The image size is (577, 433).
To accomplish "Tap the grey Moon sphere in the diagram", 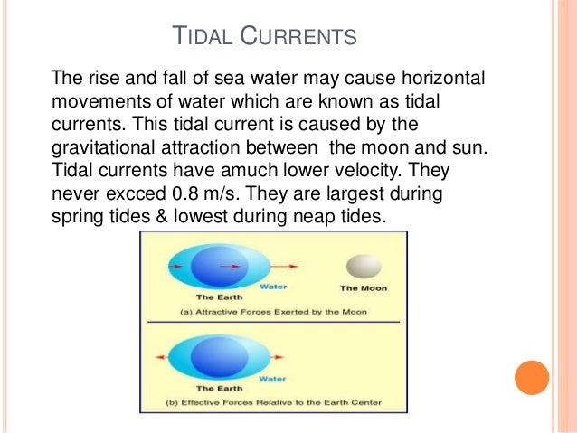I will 362,266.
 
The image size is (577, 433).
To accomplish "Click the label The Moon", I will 362,288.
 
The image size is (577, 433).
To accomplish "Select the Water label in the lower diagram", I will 274,380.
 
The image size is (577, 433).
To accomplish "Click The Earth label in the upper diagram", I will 217,296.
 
